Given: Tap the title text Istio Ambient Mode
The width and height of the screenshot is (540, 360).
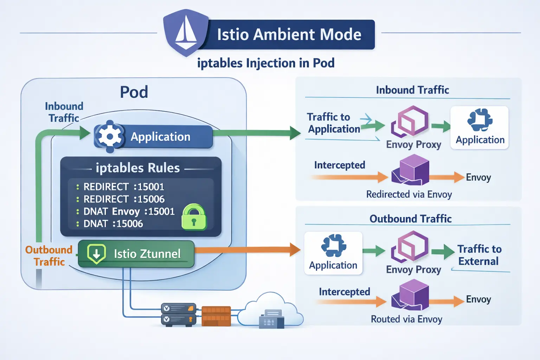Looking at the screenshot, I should click(x=289, y=34).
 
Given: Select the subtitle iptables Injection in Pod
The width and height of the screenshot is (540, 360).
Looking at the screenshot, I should click(x=266, y=63).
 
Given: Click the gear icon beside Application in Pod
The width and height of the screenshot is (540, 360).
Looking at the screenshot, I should click(x=110, y=136).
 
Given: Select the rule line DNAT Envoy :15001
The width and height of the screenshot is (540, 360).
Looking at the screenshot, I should click(x=129, y=211).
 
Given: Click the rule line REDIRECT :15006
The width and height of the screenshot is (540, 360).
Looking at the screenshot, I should click(x=124, y=199).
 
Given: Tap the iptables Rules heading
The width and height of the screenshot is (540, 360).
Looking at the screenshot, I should click(x=138, y=168).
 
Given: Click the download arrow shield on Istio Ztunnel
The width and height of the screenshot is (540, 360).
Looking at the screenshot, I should click(x=96, y=253).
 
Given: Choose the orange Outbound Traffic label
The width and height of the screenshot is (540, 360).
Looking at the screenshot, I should click(x=49, y=256).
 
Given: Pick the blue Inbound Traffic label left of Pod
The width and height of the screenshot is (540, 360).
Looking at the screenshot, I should click(x=64, y=112).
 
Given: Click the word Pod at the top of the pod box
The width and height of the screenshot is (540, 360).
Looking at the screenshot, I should click(x=134, y=92).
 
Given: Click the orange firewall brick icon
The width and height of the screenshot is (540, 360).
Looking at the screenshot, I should click(x=216, y=316).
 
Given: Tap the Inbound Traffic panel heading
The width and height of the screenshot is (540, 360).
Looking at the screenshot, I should click(x=412, y=90).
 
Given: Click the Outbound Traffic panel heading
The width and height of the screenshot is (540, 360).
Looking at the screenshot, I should click(x=410, y=219).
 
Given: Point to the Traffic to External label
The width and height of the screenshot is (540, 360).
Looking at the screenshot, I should click(x=479, y=255).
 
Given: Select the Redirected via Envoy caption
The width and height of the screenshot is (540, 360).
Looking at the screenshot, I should click(x=409, y=194).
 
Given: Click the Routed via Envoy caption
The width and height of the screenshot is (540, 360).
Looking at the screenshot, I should click(x=406, y=319).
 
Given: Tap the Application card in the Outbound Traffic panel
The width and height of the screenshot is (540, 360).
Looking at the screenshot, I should click(x=333, y=253).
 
